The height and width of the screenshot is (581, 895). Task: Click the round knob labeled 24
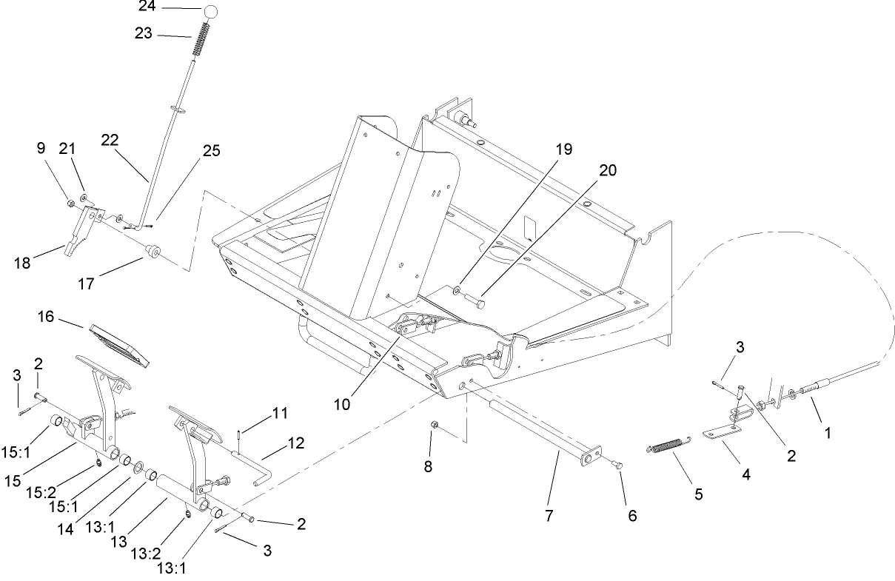[211, 12]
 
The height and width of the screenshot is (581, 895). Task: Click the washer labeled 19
[460, 288]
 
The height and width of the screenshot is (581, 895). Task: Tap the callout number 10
[341, 404]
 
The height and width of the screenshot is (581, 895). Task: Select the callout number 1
[827, 433]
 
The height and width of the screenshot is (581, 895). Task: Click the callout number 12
[295, 443]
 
